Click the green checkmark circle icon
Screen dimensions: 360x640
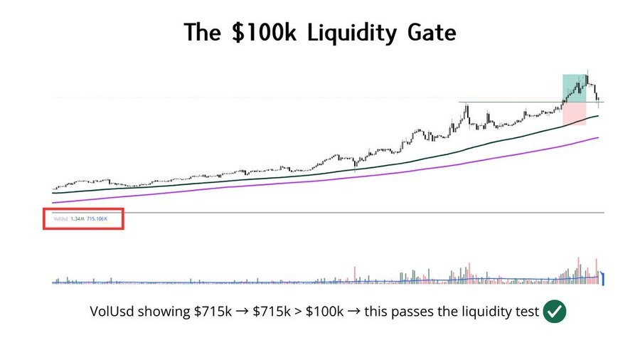click(555, 312)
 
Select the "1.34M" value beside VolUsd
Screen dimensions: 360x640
click(76, 219)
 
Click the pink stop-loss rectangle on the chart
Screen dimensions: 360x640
click(575, 114)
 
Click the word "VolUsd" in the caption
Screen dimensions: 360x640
click(112, 312)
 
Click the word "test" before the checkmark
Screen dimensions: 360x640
click(526, 312)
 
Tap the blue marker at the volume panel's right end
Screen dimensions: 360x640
click(603, 278)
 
